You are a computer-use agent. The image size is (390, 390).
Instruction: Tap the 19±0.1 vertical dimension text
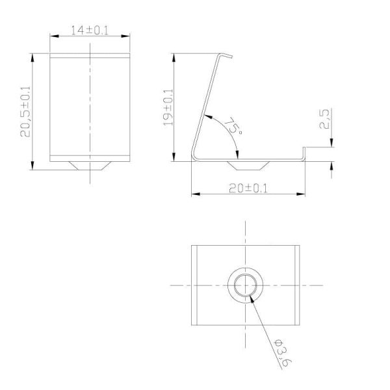[167, 108]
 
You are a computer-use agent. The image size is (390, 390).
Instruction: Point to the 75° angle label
[232, 125]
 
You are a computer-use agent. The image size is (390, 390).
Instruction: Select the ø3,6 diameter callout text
[279, 352]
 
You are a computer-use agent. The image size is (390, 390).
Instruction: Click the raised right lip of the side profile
[303, 154]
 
